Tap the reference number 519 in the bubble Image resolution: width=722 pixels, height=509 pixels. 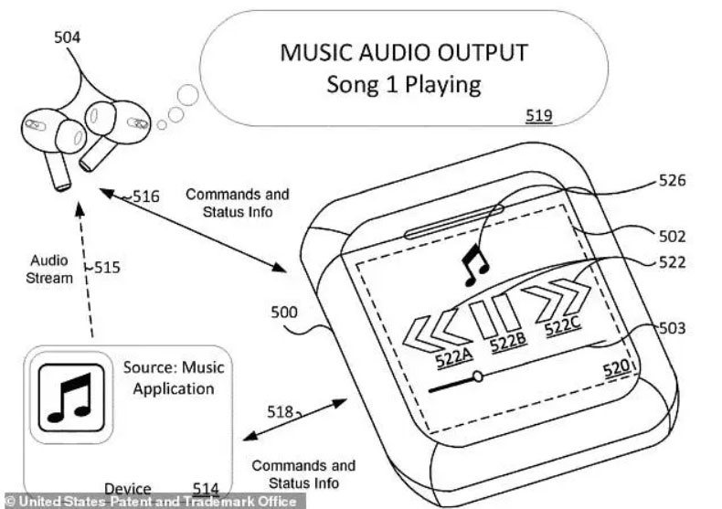click(538, 116)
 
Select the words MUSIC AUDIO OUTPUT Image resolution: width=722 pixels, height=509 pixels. click(403, 52)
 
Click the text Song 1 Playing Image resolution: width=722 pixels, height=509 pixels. click(403, 85)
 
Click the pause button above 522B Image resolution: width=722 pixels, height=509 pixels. click(502, 316)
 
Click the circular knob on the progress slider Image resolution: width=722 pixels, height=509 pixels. click(477, 376)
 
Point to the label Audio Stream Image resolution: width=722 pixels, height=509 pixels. click(49, 269)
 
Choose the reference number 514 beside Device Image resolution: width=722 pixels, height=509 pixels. click(207, 489)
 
